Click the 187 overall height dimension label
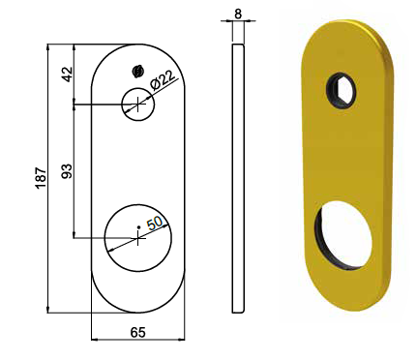[42, 178]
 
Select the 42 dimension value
[68, 75]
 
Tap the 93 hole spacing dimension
[67, 171]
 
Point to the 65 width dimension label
[138, 332]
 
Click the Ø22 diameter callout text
[163, 80]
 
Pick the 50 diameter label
[156, 223]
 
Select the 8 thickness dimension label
[238, 14]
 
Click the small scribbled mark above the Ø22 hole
[137, 72]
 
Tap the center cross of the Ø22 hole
[137, 105]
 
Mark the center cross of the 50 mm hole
[137, 238]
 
